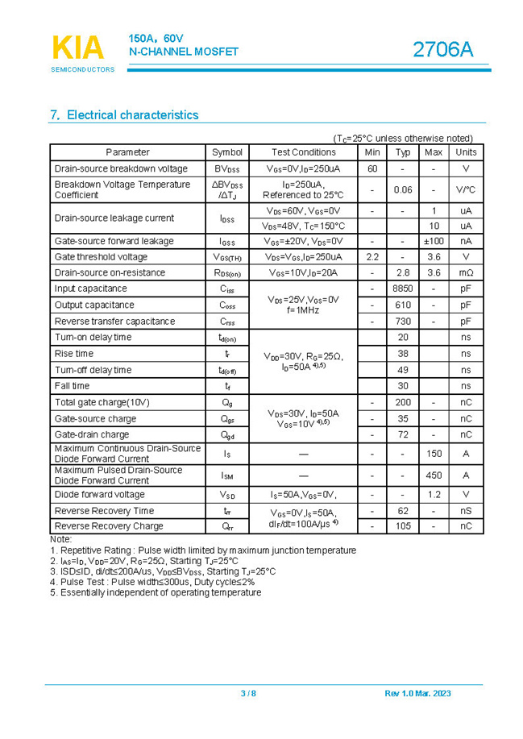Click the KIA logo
(x=78, y=48)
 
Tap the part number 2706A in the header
(x=443, y=50)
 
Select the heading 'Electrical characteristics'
(x=125, y=115)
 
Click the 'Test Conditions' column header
(x=303, y=152)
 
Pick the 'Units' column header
(x=466, y=152)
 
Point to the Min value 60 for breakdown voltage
(x=372, y=168)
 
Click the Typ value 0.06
(x=403, y=190)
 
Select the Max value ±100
(x=434, y=241)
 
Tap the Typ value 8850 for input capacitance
(x=403, y=289)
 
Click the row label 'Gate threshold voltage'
(x=101, y=257)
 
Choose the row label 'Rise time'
(x=74, y=354)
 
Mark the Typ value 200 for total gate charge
(x=403, y=402)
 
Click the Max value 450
(x=434, y=475)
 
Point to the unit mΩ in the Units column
(x=466, y=273)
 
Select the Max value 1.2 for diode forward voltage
(x=434, y=495)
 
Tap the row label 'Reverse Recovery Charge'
(x=108, y=526)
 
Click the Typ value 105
(x=403, y=526)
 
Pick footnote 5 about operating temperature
(x=156, y=592)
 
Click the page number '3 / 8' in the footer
(x=248, y=694)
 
